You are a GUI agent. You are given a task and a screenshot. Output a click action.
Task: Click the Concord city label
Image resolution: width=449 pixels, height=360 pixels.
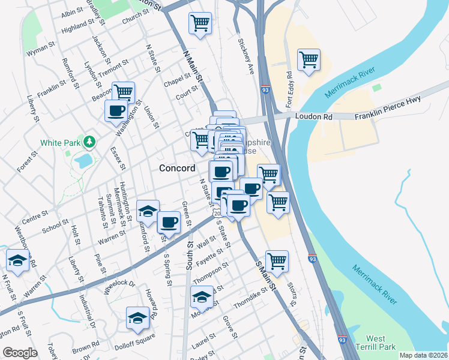click(x=177, y=168)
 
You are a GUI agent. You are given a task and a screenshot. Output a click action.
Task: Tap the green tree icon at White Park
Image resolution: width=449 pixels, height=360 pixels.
click(x=89, y=142)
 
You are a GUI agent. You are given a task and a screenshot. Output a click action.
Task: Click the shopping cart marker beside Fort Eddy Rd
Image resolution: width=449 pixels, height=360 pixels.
click(x=309, y=60)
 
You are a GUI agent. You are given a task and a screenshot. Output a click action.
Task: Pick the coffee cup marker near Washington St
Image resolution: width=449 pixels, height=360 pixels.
click(x=116, y=110)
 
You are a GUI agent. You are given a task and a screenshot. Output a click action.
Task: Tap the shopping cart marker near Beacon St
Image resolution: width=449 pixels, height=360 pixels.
click(x=123, y=92)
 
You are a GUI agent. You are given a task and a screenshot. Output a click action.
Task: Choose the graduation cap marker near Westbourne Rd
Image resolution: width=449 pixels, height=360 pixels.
click(x=17, y=261)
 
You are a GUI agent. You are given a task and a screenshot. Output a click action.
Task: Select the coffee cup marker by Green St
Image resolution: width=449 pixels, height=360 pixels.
click(x=169, y=223)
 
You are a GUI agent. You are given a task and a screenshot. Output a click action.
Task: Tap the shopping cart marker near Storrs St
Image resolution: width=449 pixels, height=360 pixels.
click(x=277, y=261)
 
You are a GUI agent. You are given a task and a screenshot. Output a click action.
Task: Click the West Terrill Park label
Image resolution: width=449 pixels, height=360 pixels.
click(x=375, y=343)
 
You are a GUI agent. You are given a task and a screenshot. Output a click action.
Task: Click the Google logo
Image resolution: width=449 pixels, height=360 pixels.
click(x=20, y=353)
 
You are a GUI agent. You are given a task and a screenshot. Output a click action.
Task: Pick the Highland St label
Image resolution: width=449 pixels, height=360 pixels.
click(x=78, y=26)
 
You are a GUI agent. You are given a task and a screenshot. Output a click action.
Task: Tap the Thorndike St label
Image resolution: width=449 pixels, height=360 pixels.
click(x=250, y=296)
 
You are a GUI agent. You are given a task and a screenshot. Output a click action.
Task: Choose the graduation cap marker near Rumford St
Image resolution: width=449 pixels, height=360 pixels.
click(x=147, y=211)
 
